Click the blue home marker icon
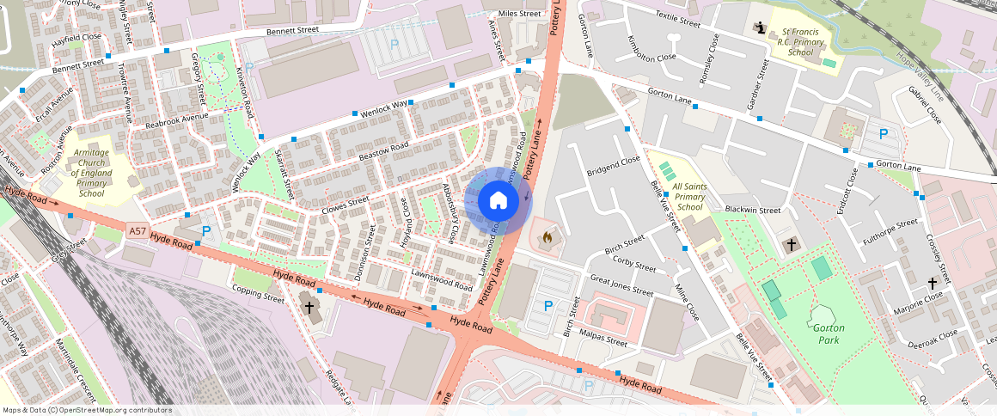point(498,201)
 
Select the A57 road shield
point(137,231)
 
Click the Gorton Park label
point(828,333)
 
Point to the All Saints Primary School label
point(689,197)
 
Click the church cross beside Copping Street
point(309,307)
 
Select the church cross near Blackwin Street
point(791,245)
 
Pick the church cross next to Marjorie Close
point(933,283)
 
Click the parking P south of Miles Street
point(395,43)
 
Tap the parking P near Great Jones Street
point(547,305)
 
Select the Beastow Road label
point(383,153)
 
